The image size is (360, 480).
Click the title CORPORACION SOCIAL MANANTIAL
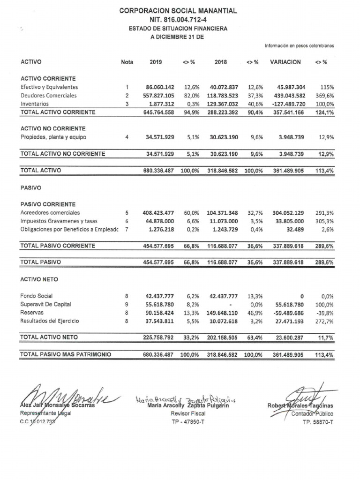pos(178,10)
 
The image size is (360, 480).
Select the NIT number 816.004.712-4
pos(178,19)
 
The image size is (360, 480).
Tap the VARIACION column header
pos(285,62)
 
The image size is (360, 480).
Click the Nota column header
pos(127,62)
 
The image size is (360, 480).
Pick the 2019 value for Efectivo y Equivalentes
pos(160,87)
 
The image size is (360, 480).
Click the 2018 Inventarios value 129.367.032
pos(224,104)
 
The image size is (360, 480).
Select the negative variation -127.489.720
pos(288,104)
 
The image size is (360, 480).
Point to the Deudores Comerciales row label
pos(49,96)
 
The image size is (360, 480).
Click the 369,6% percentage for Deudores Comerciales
pos(324,96)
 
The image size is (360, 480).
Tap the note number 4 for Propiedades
pos(127,137)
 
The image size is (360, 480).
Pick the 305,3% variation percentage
pos(324,221)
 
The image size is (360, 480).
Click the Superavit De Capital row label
pos(45,304)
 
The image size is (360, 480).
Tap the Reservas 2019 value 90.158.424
pos(160,313)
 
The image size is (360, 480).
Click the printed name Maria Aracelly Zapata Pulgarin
pos(187,406)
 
